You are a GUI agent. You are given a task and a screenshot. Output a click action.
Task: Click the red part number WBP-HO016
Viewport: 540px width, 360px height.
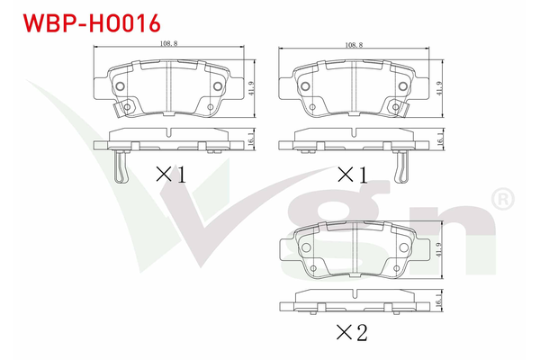92,23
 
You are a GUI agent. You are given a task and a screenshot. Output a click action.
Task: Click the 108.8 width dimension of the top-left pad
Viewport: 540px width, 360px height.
169,43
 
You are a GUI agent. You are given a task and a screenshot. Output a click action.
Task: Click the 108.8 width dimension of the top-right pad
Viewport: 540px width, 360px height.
354,45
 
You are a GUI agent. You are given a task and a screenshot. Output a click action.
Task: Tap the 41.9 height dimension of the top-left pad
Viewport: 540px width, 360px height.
251,88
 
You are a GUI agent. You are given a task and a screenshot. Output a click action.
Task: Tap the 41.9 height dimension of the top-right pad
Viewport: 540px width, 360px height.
439,88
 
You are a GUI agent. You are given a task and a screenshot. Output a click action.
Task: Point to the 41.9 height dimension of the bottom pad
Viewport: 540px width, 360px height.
439,250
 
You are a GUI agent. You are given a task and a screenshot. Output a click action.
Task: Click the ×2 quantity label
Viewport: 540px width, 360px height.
352,332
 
